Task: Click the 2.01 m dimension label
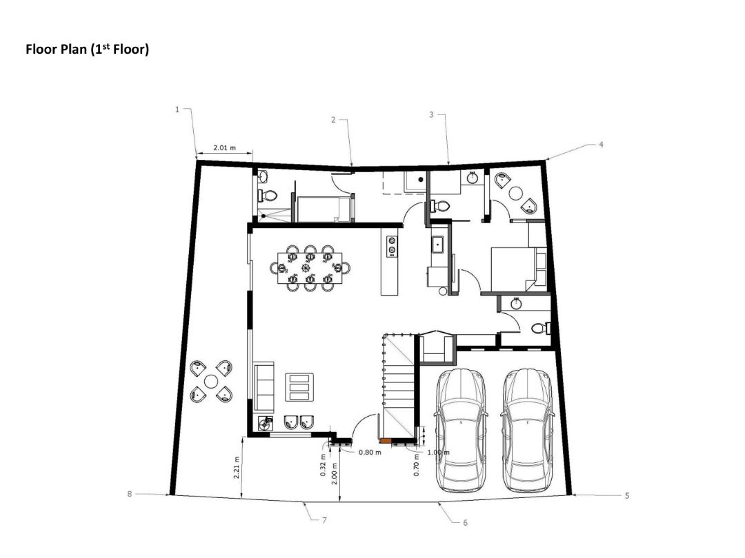pos(223,147)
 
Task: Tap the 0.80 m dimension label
pos(370,453)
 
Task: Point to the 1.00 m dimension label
pos(437,453)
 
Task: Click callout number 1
pos(177,110)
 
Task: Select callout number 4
pos(601,145)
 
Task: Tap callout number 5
pos(626,495)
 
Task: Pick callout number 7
pos(324,519)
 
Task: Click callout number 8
pos(129,494)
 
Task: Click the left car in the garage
pos(460,428)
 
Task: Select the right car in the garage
pos(528,428)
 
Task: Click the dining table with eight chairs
pos(310,267)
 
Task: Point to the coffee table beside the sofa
pos(299,387)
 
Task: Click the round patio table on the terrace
pos(211,381)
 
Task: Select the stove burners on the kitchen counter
pos(393,245)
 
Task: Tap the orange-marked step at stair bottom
pos(384,440)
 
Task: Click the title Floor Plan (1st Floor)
pos(87,50)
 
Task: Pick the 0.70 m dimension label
pos(417,468)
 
